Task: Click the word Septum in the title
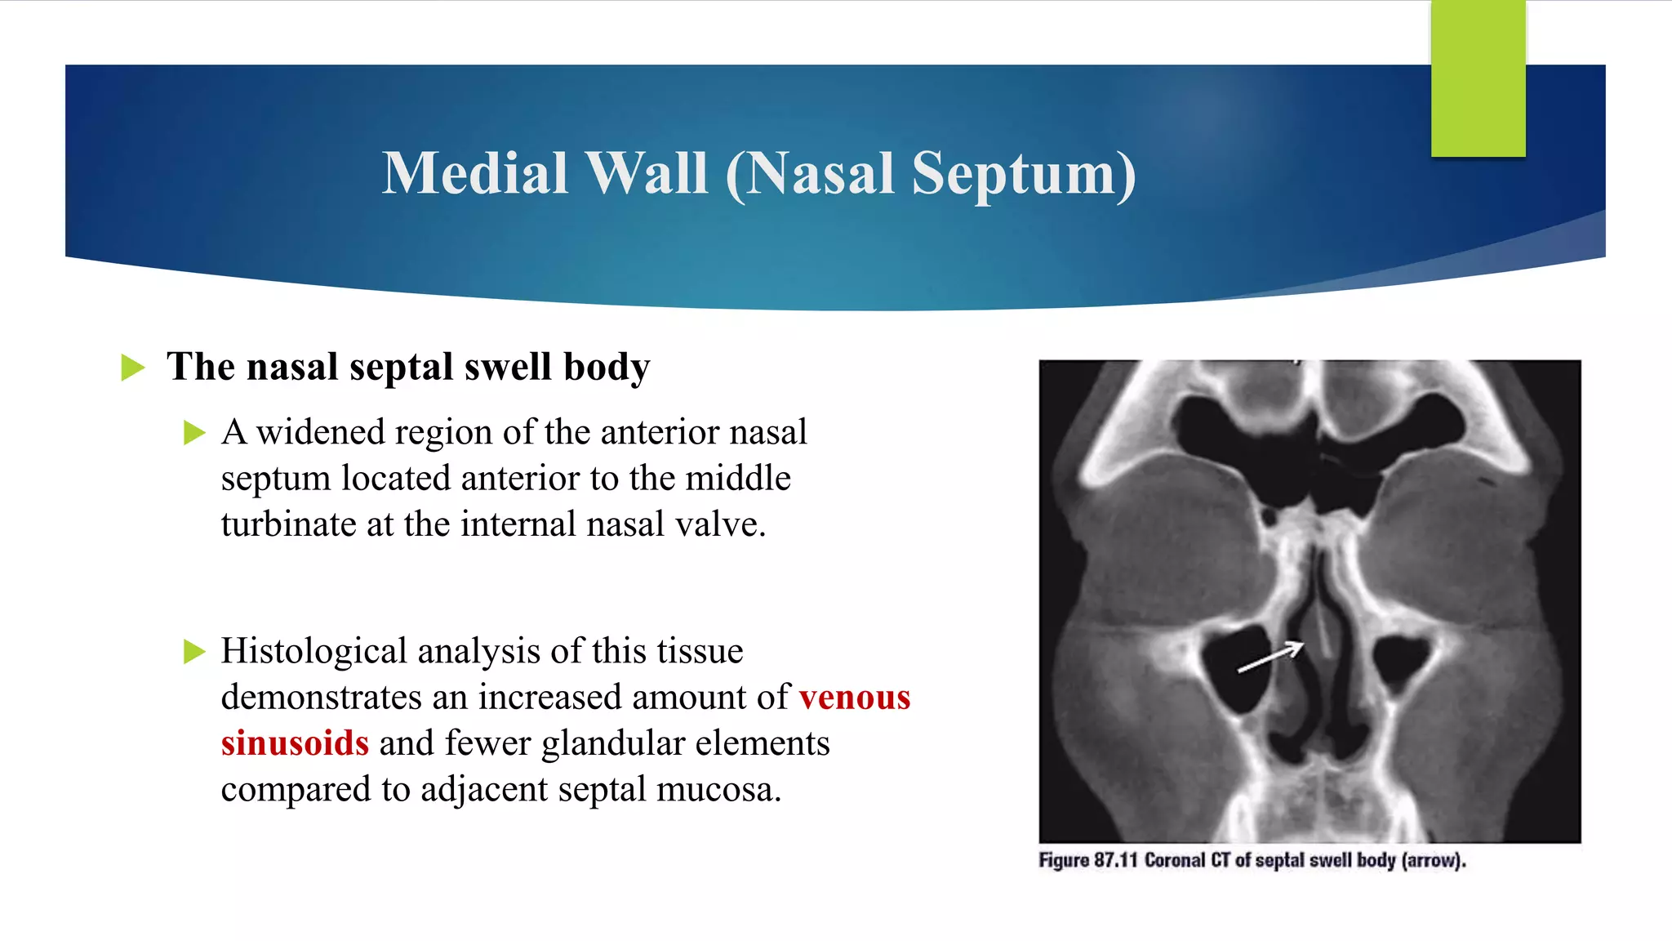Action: [x=1023, y=174]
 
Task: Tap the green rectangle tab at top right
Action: [x=1478, y=78]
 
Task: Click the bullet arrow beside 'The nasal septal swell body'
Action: [x=132, y=368]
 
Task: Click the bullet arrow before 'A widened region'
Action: [x=194, y=433]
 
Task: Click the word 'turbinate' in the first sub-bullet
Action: [x=288, y=524]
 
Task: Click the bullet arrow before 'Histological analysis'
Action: [x=194, y=652]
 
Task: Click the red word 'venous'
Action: [x=854, y=698]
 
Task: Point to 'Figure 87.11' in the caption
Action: [x=1087, y=860]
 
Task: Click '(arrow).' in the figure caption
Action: [x=1434, y=860]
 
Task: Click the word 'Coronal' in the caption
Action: [x=1174, y=860]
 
